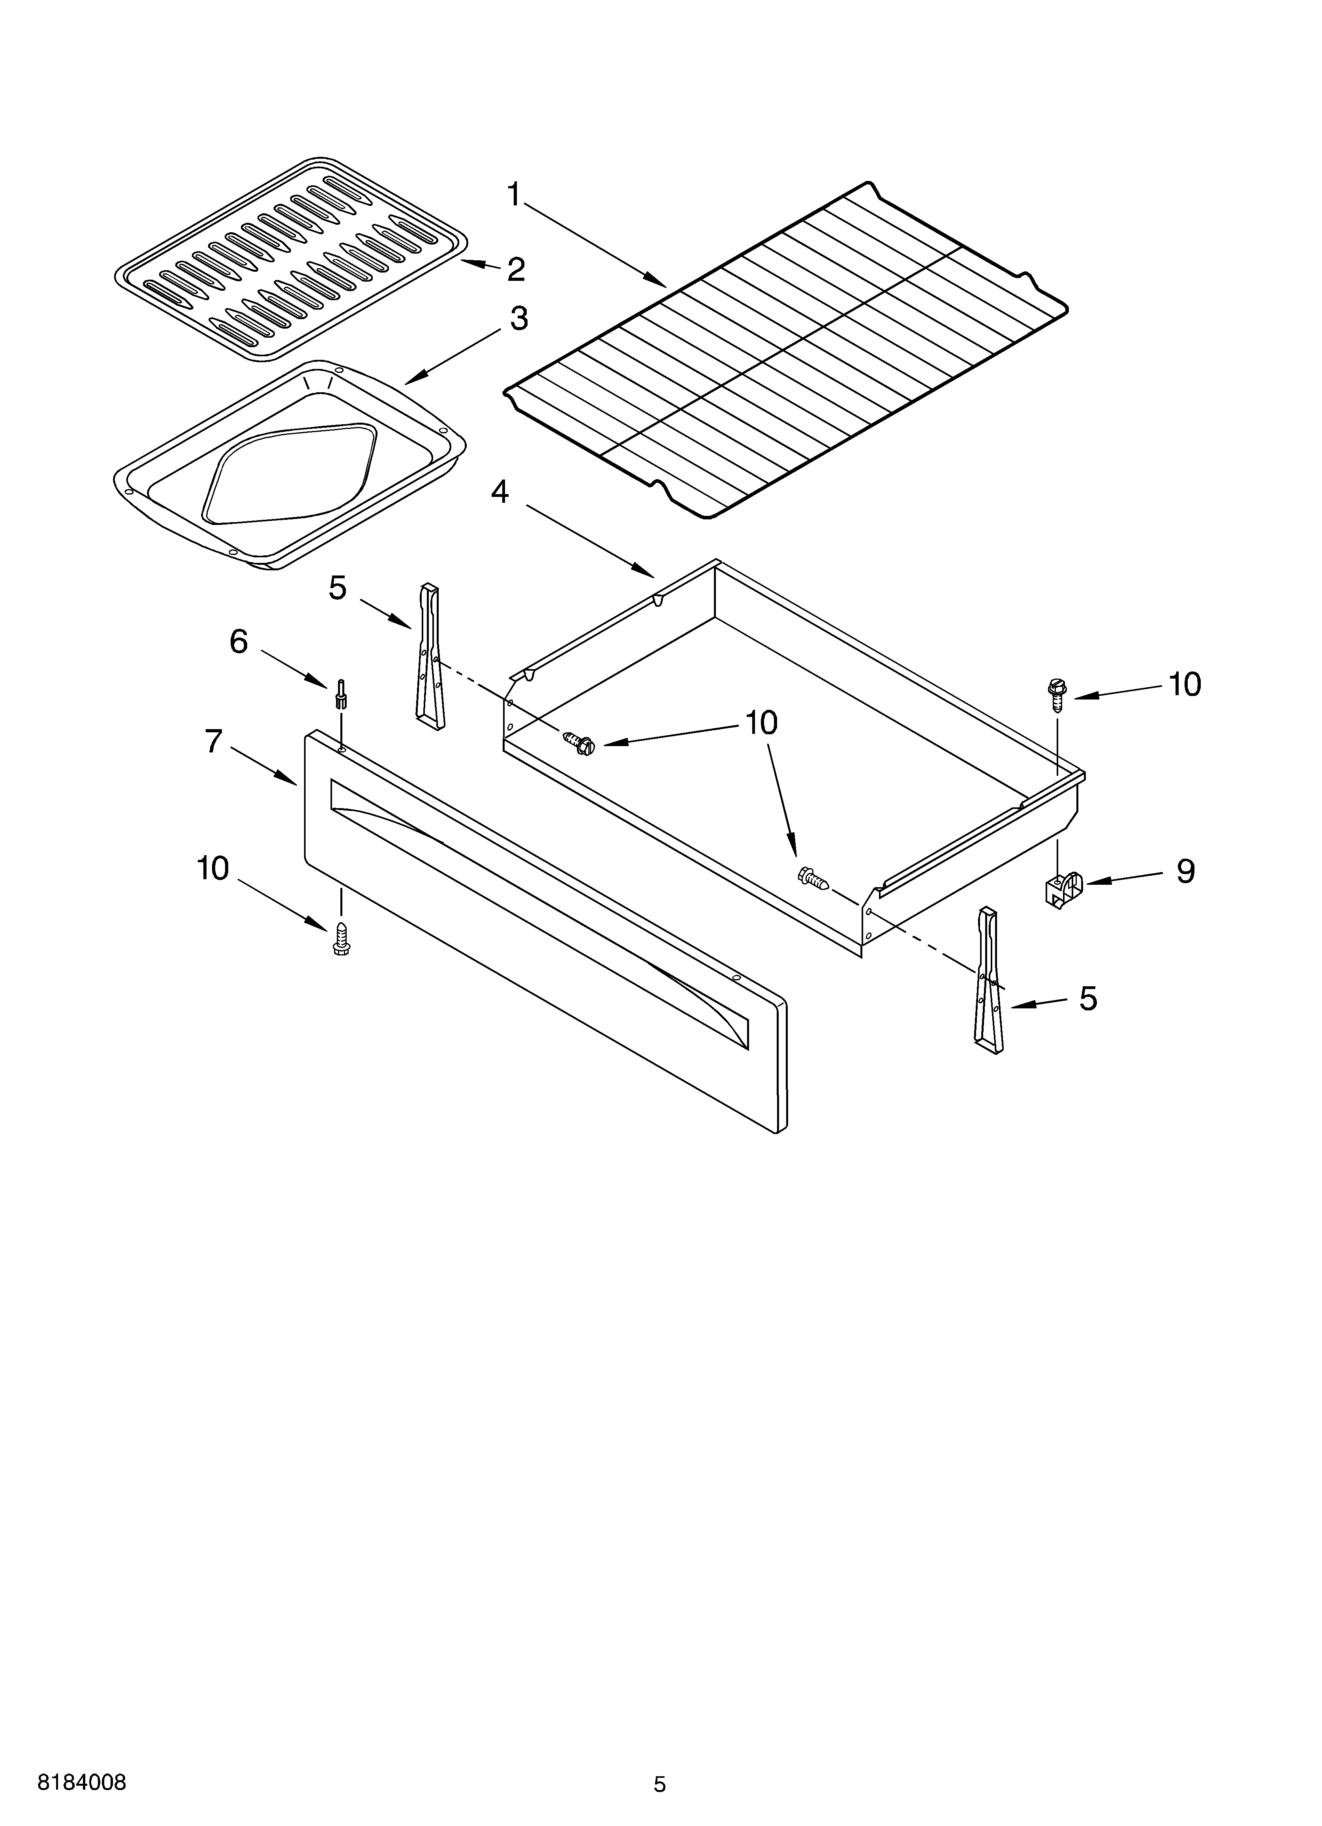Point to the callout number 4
tap(500, 491)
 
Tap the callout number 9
tap(1185, 871)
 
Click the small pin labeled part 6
tap(342, 693)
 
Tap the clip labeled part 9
tap(1061, 890)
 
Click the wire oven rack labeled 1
tap(785, 350)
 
